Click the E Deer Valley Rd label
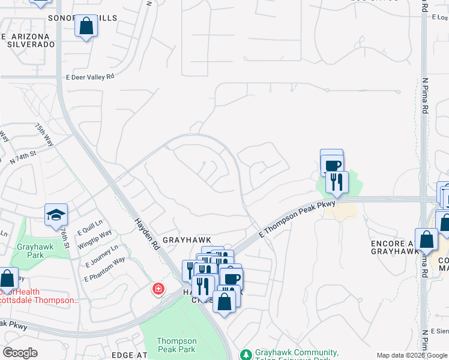tap(89, 77)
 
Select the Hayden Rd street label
tap(146, 235)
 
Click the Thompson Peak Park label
tap(176, 344)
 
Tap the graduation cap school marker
tap(56, 214)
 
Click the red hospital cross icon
tap(158, 289)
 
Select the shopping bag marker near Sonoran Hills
tap(86, 26)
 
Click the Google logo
tap(20, 353)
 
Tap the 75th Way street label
tap(44, 135)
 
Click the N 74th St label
tap(23, 157)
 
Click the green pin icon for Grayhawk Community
tap(246, 355)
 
